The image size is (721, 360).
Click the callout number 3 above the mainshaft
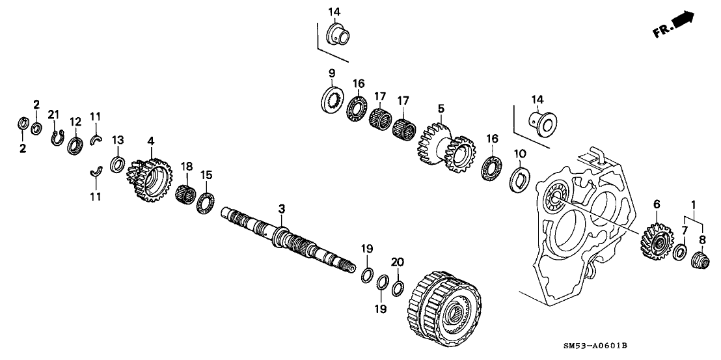tap(282, 208)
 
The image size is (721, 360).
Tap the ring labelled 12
tap(75, 144)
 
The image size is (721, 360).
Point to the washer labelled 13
tap(117, 163)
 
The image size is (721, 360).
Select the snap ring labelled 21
tap(57, 138)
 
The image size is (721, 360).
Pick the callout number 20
tap(397, 262)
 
